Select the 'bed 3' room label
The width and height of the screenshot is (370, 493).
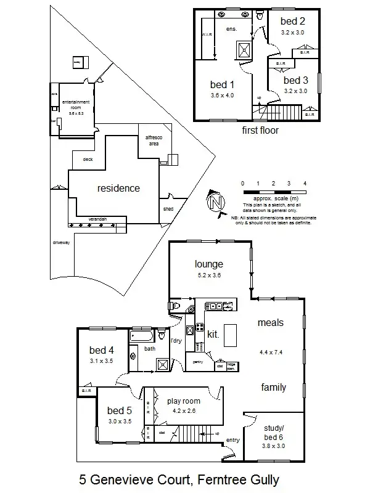(295, 80)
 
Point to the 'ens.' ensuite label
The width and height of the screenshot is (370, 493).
(232, 29)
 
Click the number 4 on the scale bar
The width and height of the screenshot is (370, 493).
(305, 184)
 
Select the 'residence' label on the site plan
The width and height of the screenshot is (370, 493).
(118, 188)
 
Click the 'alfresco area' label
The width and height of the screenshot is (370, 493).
(152, 140)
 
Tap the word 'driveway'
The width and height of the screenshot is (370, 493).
(62, 242)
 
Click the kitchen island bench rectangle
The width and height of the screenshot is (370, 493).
(229, 336)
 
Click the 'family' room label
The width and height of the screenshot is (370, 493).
(273, 388)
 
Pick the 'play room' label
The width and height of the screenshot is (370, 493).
(184, 401)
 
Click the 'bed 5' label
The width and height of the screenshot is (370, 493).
(120, 410)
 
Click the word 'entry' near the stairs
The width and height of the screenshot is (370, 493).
(233, 440)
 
